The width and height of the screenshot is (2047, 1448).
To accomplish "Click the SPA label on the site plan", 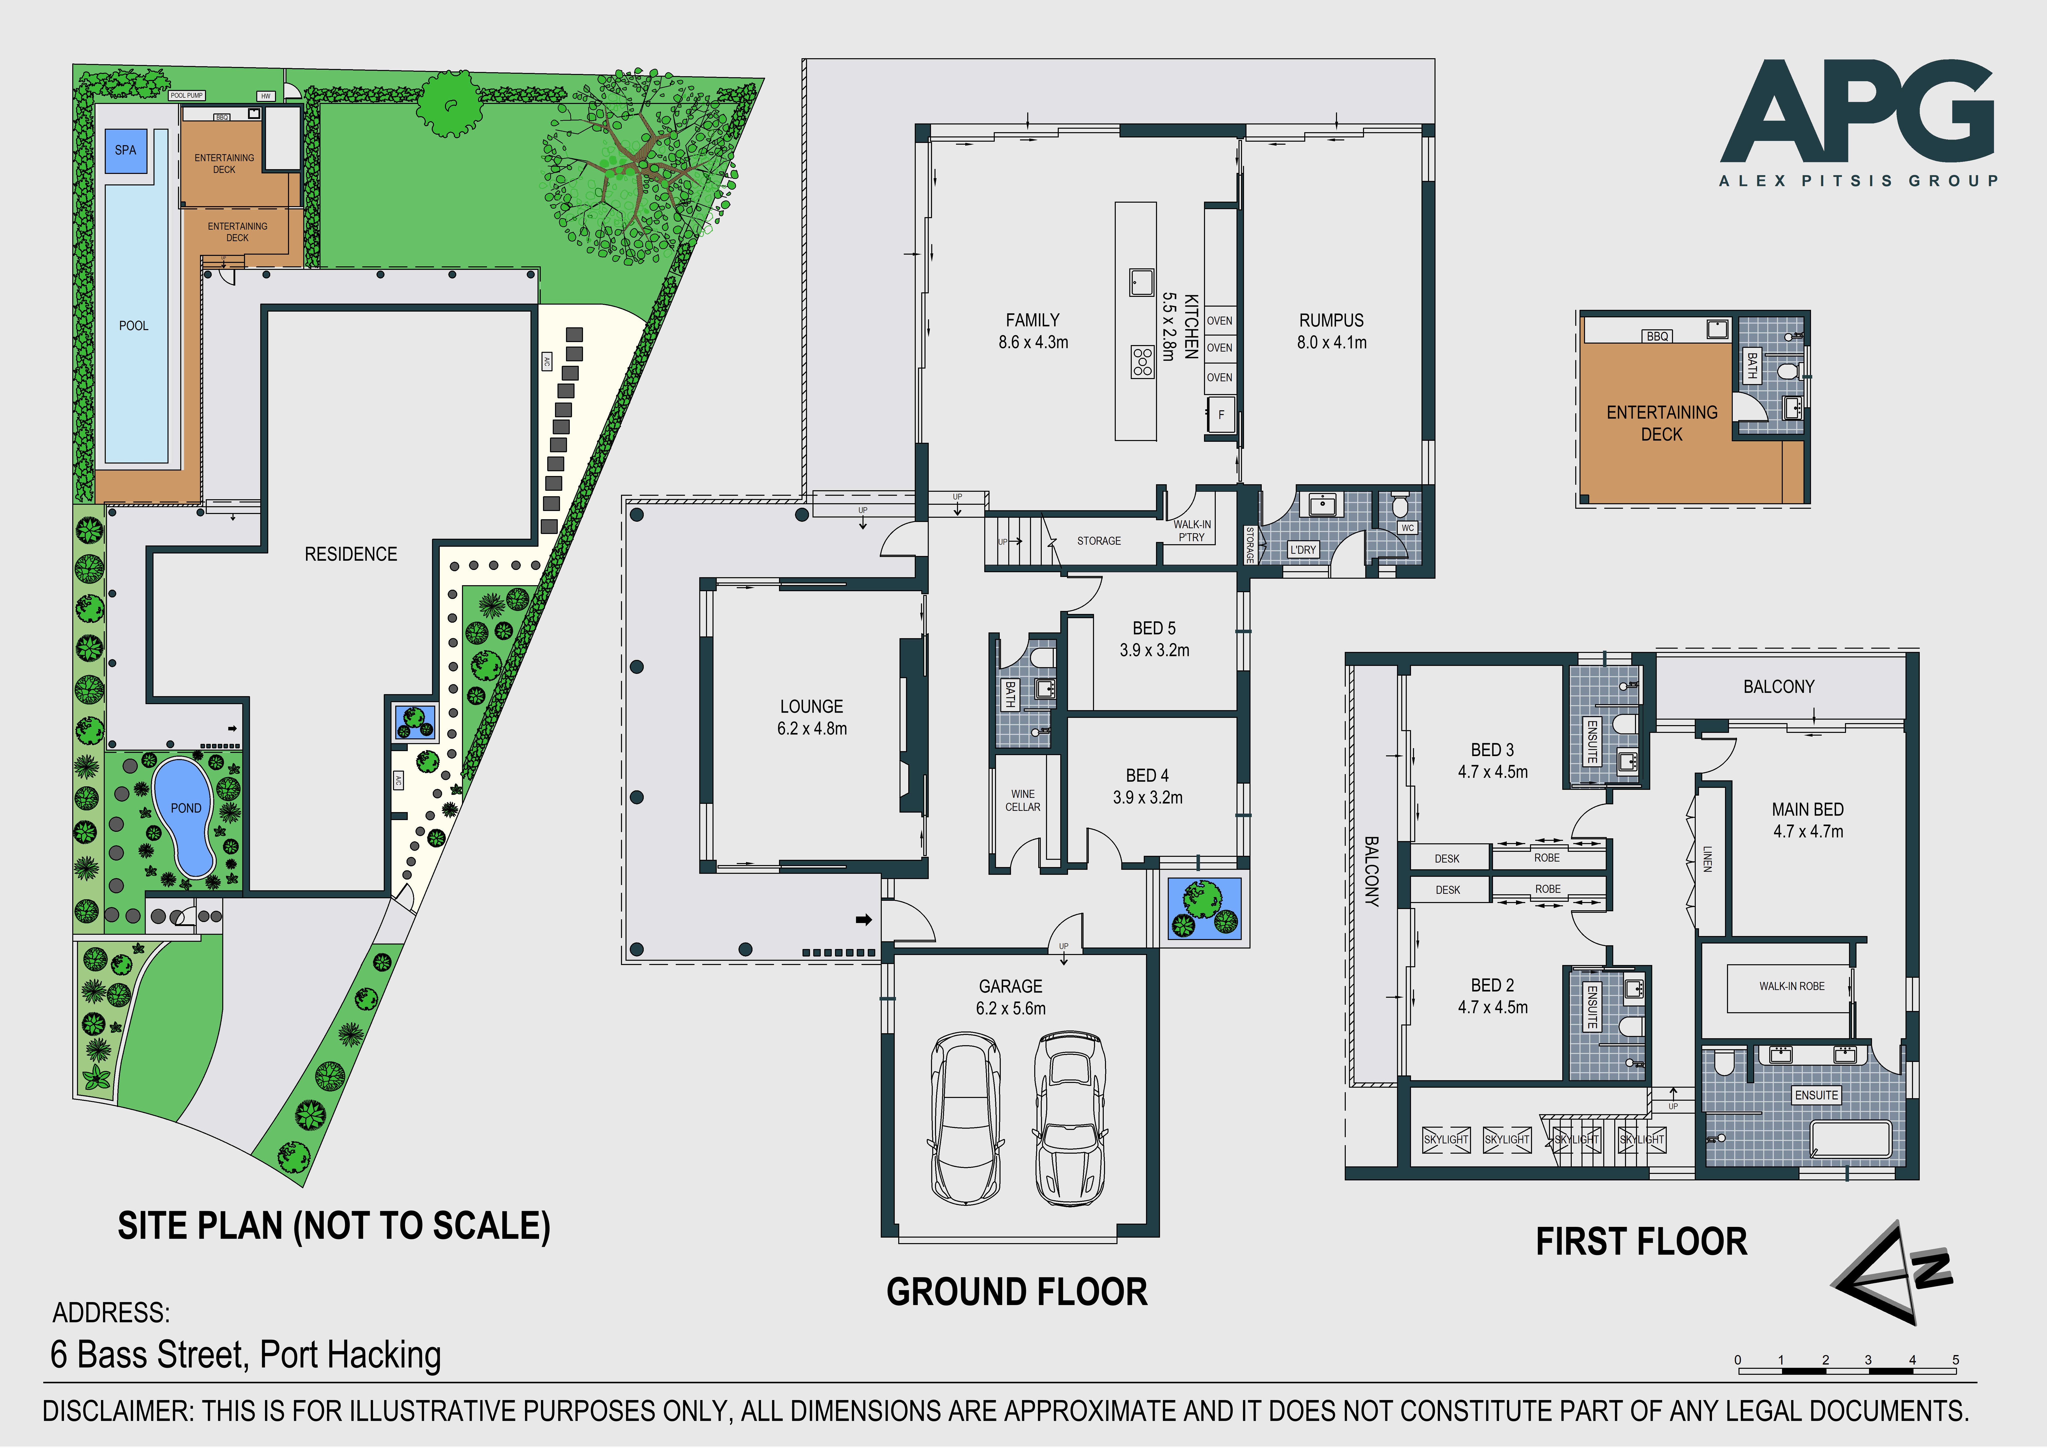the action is [126, 150].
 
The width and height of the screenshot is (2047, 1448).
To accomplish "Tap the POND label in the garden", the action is [185, 808].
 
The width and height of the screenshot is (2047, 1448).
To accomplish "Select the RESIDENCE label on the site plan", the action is [350, 555].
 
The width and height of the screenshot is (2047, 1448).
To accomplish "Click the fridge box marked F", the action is [1221, 415].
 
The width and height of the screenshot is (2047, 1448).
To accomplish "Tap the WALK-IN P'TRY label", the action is [1192, 530].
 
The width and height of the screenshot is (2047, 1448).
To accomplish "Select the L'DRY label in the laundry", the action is [1303, 550].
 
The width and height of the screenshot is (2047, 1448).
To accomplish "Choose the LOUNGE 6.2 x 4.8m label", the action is [812, 717].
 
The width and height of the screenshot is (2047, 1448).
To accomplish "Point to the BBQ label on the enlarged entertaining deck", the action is [1657, 336].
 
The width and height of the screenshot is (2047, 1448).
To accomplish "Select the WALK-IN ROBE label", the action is [1792, 986].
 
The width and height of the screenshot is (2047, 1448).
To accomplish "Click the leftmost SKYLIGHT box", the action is [1446, 1139].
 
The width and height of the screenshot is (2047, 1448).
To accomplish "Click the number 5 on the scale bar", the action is [1955, 1360].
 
